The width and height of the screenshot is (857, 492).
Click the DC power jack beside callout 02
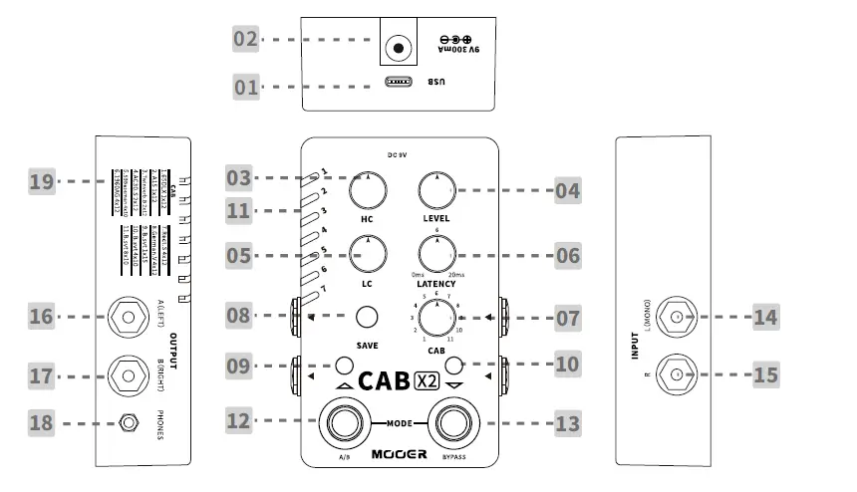pos(401,48)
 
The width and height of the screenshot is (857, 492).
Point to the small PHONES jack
pos(127,422)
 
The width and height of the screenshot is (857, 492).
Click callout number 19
pos(41,182)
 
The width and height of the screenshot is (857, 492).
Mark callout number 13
pos(567,424)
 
